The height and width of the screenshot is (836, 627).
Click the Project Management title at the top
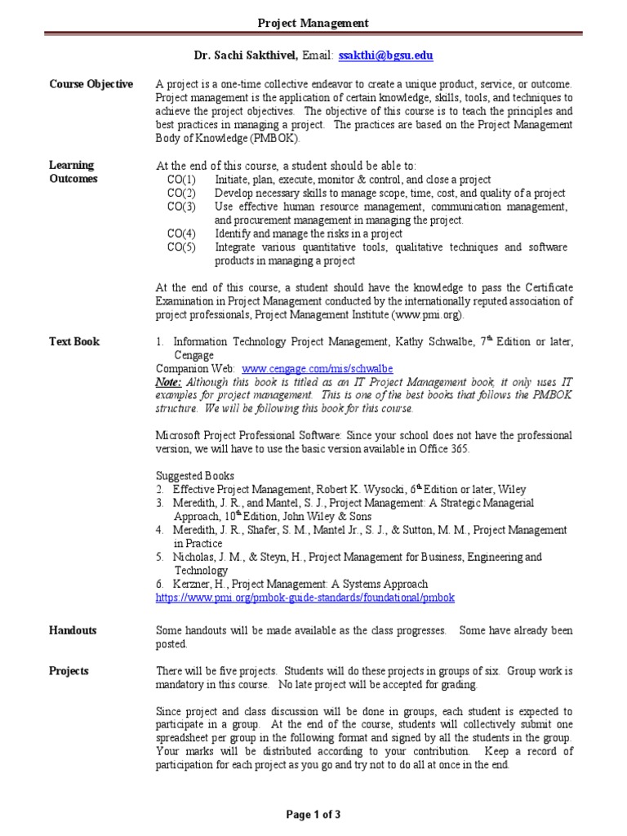313,24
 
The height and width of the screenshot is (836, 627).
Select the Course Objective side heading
91,85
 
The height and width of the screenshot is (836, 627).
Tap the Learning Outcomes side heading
73,172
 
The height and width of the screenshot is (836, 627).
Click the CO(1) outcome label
181,180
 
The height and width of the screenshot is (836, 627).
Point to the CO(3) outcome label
181,207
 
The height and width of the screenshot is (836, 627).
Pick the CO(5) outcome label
181,247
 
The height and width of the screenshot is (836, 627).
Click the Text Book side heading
74,342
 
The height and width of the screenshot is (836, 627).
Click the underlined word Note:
169,382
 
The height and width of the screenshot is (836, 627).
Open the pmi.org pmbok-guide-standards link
305,598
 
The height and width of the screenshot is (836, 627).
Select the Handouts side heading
73,631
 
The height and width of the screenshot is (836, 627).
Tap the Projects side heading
69,671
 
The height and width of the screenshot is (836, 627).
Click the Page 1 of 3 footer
313,814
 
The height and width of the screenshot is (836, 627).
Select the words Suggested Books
195,476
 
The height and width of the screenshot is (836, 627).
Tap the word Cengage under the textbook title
194,355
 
